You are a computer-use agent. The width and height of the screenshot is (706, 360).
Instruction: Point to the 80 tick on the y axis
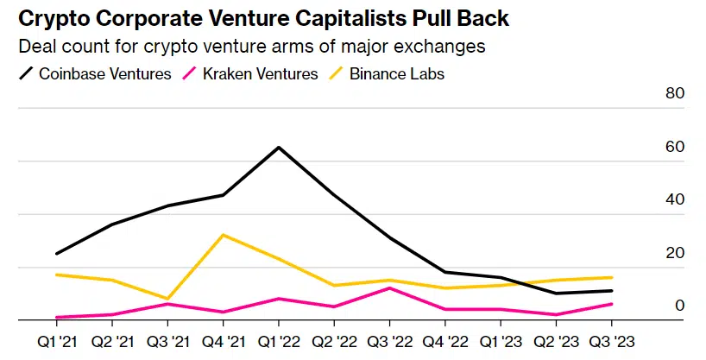[x=674, y=94]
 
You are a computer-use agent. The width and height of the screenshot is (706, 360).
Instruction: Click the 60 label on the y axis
[x=674, y=147]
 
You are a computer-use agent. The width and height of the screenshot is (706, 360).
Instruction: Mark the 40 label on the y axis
[x=674, y=199]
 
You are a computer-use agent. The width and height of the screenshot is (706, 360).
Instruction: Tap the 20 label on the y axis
[x=674, y=253]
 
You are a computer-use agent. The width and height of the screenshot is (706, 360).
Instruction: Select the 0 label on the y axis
[x=679, y=306]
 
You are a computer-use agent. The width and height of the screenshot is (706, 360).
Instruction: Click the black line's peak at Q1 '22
[x=279, y=147]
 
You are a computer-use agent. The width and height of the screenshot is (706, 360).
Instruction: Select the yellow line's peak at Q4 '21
[x=224, y=235]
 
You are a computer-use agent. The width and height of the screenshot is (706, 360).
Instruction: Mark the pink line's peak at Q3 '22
[x=390, y=287]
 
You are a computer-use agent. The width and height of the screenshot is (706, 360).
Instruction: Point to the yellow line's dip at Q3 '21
[x=167, y=299]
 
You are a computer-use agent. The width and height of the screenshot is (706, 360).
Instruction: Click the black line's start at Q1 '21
[x=56, y=254]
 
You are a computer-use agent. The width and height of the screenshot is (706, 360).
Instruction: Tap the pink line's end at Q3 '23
[x=613, y=304]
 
